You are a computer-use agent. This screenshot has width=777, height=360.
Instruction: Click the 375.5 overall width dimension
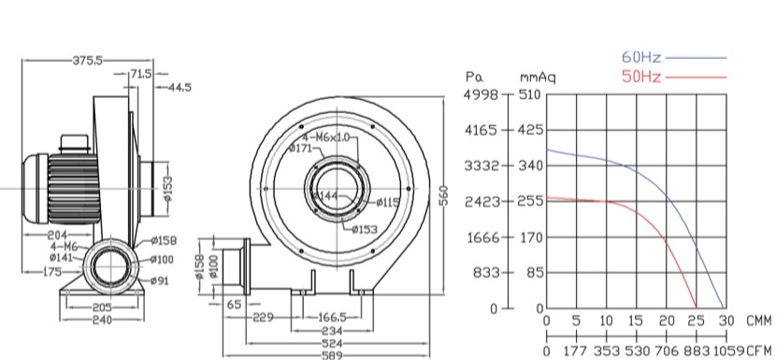[x=87, y=61]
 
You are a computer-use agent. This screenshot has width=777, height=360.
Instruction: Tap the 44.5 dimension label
[x=180, y=88]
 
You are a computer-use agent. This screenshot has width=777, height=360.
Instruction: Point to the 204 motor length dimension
[x=57, y=234]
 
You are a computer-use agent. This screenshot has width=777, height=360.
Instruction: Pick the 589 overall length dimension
[x=332, y=355]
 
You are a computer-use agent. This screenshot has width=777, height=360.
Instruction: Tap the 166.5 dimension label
[x=332, y=317]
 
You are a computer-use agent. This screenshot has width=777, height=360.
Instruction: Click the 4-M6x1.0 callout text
[x=329, y=137]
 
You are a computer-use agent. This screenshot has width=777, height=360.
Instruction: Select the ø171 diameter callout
[x=300, y=148]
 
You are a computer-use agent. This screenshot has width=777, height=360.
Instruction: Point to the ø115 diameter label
[x=387, y=202]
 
